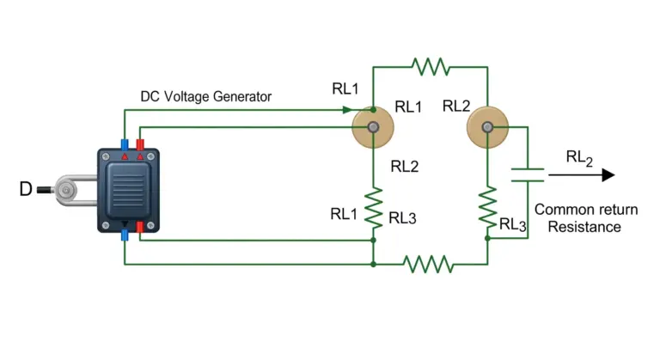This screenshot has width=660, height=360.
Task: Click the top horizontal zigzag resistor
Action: (431, 66)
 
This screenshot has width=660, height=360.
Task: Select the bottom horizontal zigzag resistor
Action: (428, 264)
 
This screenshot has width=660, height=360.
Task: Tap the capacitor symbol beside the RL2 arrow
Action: (528, 174)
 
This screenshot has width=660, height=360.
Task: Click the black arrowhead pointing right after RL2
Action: (608, 174)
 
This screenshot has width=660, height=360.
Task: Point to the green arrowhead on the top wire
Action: (347, 110)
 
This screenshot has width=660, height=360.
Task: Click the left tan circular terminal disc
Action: (373, 127)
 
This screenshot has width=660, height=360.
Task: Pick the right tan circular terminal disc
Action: (487, 127)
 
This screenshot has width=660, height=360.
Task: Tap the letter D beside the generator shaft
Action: (26, 189)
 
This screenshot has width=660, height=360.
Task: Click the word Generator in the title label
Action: (242, 96)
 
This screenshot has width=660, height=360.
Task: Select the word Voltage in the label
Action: (186, 96)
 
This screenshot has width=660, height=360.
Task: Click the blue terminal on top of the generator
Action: (125, 145)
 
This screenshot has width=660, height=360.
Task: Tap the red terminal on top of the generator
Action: (140, 145)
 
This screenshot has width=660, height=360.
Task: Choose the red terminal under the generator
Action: (140, 228)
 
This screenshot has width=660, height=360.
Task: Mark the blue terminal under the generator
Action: (125, 235)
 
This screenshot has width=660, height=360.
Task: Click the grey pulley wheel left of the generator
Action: (66, 191)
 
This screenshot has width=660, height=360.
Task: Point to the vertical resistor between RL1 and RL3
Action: (373, 209)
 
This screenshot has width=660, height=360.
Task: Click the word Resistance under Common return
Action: (584, 227)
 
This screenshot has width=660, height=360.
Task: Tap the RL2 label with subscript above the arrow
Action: (579, 158)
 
